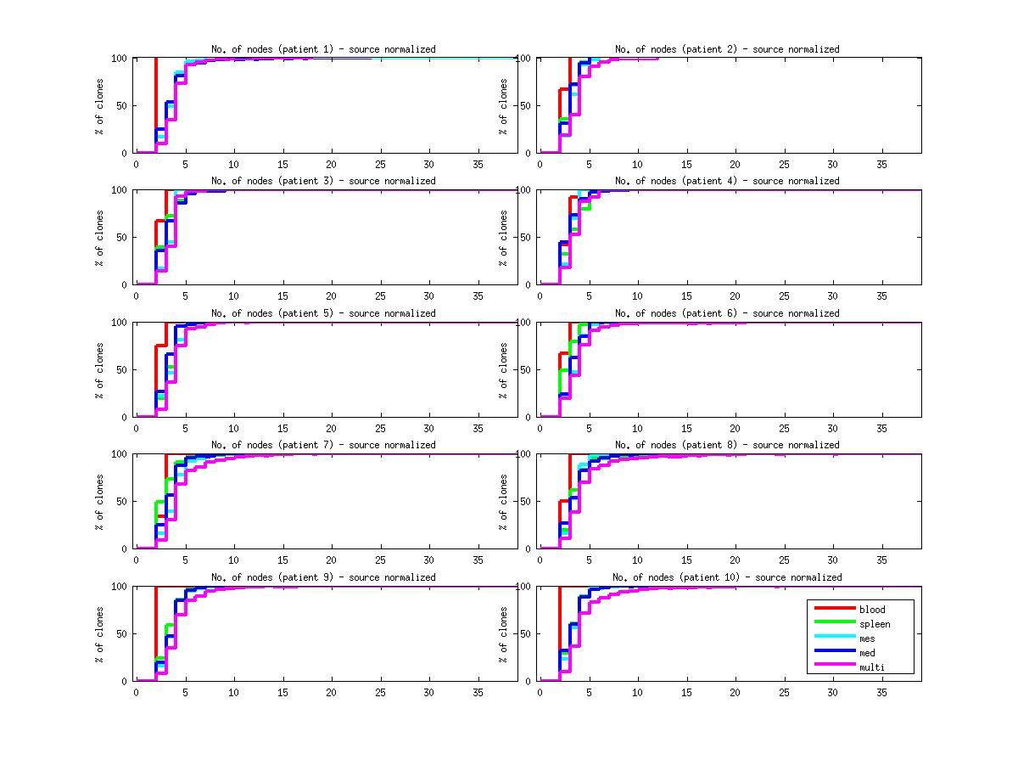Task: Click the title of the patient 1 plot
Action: (x=323, y=49)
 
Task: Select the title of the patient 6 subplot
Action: (x=727, y=313)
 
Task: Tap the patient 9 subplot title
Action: (x=323, y=577)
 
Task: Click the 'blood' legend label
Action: (x=871, y=610)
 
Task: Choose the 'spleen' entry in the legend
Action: (x=875, y=624)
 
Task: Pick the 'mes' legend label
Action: (x=867, y=638)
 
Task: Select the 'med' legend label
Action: (x=867, y=653)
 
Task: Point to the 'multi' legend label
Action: (x=870, y=667)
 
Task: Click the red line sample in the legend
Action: (x=834, y=609)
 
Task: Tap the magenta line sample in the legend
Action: (x=834, y=667)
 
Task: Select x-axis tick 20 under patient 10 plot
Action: (x=735, y=691)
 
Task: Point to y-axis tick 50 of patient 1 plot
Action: (x=121, y=106)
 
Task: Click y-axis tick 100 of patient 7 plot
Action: (x=119, y=454)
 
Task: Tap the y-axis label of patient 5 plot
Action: (x=100, y=370)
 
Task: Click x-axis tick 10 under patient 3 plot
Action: (x=233, y=295)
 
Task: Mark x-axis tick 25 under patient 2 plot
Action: (x=784, y=164)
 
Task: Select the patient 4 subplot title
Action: (x=727, y=181)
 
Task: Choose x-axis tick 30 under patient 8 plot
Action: (x=832, y=560)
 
